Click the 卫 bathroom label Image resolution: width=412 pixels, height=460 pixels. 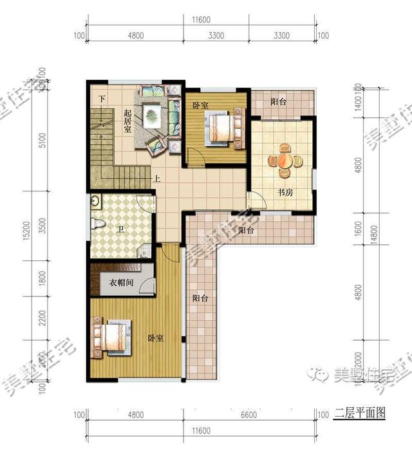[120, 229]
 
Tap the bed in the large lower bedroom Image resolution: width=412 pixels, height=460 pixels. [113, 337]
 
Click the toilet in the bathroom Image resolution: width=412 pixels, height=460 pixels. [97, 223]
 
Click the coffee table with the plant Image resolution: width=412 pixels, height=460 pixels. [152, 117]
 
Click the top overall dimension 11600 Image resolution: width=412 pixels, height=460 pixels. [201, 20]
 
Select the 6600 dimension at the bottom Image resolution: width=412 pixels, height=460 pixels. [248, 415]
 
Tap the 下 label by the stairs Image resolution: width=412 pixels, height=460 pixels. [102, 99]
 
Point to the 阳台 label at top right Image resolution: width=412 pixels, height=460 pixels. [278, 101]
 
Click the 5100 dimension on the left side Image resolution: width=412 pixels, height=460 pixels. [42, 140]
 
